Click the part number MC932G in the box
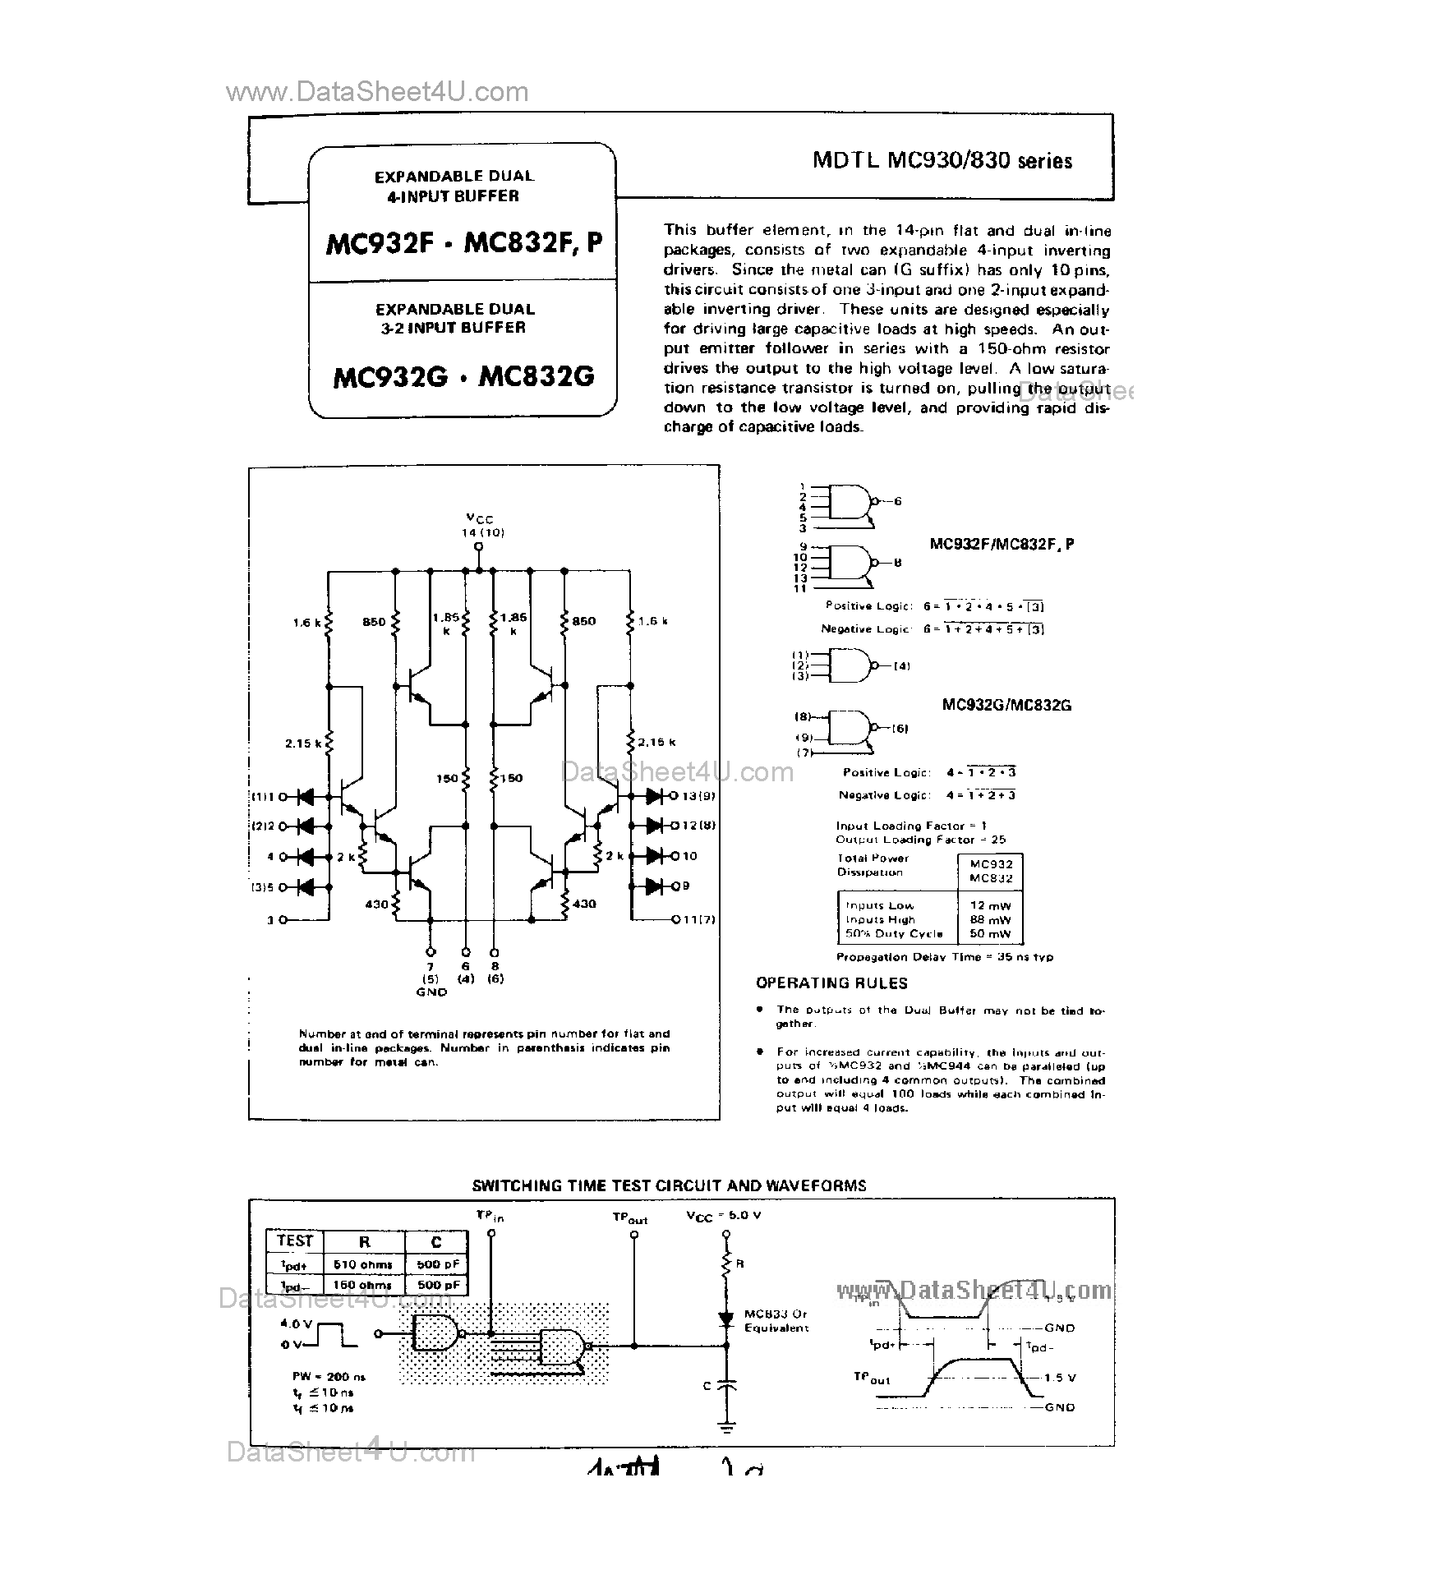pyautogui.click(x=390, y=377)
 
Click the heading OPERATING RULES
pyautogui.click(x=831, y=983)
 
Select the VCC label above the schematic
pyautogui.click(x=480, y=518)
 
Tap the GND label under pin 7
pyautogui.click(x=431, y=992)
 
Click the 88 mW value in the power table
pyautogui.click(x=990, y=919)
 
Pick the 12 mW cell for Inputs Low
pyautogui.click(x=990, y=905)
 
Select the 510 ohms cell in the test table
pyautogui.click(x=363, y=1264)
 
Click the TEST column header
pyautogui.click(x=295, y=1241)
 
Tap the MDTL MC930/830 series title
pyautogui.click(x=942, y=160)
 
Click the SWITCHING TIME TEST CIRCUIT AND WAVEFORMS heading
pyautogui.click(x=669, y=1185)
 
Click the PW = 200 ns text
pyautogui.click(x=329, y=1376)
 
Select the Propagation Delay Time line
pyautogui.click(x=944, y=957)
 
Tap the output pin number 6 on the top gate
pyautogui.click(x=897, y=501)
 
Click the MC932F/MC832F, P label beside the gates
pyautogui.click(x=1002, y=544)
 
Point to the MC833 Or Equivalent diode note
pyautogui.click(x=776, y=1321)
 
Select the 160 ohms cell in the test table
pyautogui.click(x=363, y=1285)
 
